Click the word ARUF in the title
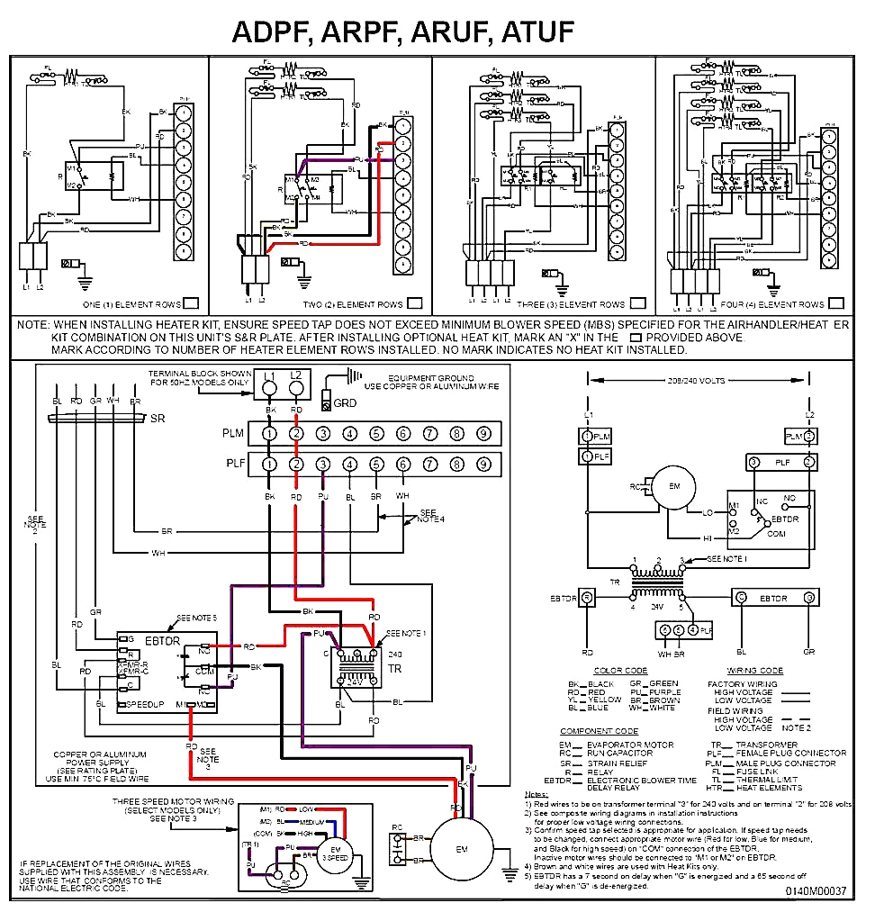444,32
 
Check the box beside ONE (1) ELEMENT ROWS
191,303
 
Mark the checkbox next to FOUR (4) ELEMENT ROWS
836,303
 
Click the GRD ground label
345,403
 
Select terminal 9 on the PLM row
483,434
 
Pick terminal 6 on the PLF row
402,464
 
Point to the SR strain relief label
158,420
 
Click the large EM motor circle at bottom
461,849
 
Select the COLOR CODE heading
620,671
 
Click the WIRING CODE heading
754,671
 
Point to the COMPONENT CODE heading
599,731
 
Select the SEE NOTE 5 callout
196,618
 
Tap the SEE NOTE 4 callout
432,516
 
